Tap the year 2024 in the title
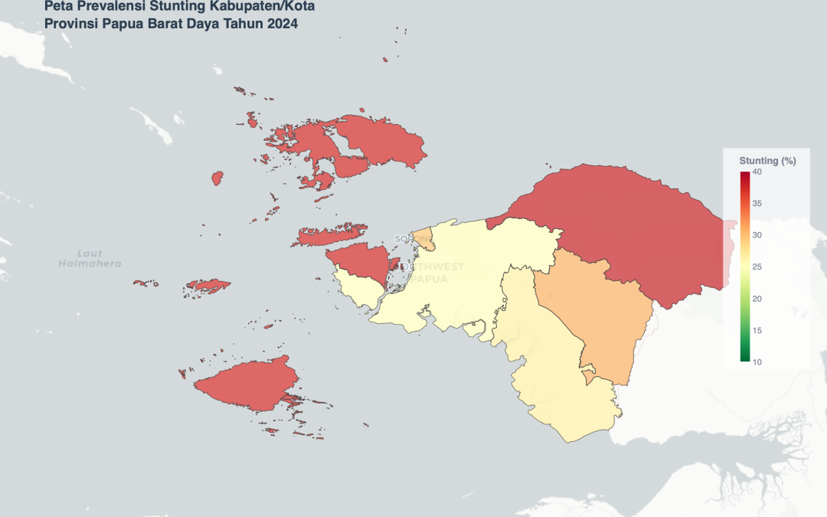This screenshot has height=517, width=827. coord(283,24)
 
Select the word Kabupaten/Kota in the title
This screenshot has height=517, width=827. coord(268,7)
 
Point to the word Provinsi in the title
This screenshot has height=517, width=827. coord(71,24)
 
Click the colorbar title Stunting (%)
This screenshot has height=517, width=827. coord(767,161)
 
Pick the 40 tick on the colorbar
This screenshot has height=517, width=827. coord(757,172)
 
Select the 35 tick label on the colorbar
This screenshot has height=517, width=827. coord(757,204)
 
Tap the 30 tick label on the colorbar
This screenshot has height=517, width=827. coord(757,235)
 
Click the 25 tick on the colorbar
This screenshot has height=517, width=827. coord(757,267)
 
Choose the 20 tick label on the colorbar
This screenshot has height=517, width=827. coord(757,299)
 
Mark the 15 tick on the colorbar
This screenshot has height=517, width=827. coord(757,330)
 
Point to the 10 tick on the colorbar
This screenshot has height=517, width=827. coord(757,362)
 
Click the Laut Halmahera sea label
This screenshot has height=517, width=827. coord(90,258)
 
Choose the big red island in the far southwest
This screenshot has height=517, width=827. coord(245,387)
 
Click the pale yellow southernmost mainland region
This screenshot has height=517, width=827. coord(559,391)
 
